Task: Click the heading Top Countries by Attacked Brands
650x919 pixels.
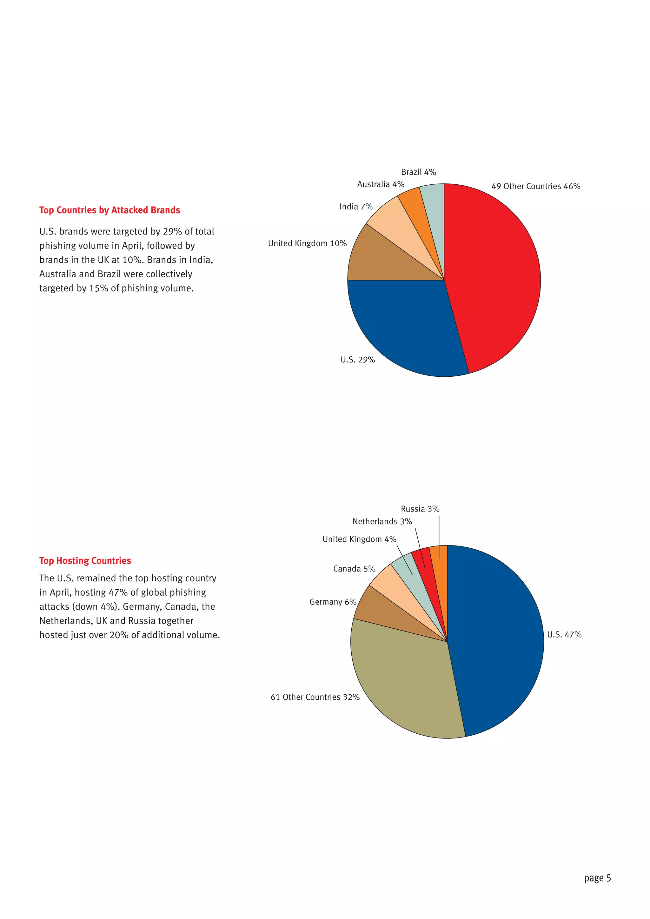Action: (110, 210)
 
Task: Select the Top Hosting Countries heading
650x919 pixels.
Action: (85, 561)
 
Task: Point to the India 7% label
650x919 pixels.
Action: (356, 207)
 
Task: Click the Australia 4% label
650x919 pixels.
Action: (381, 184)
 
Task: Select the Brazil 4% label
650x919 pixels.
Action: (418, 172)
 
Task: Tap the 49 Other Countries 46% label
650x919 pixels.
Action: (535, 186)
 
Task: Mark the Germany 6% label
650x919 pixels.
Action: (333, 602)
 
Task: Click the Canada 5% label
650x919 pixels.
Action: (354, 569)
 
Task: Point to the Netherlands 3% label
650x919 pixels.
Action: (382, 521)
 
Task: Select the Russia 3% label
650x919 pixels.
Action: (420, 509)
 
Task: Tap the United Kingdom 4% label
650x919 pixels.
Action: (359, 539)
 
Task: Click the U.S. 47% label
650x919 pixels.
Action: (564, 634)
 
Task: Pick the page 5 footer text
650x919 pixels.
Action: (597, 878)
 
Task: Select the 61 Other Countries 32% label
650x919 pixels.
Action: (315, 697)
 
